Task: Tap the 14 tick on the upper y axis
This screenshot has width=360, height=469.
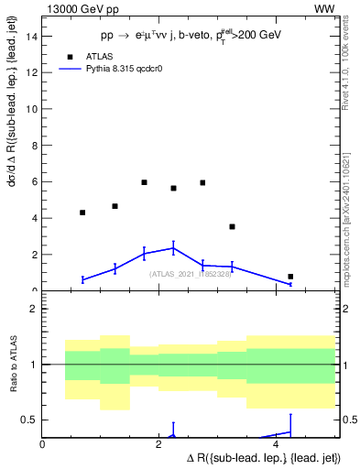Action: click(x=34, y=36)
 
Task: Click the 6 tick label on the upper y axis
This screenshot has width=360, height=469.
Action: click(x=35, y=181)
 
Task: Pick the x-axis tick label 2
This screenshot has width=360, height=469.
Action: click(x=159, y=443)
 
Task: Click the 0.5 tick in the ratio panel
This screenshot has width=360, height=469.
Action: click(x=30, y=420)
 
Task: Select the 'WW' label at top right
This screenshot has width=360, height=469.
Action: click(x=324, y=8)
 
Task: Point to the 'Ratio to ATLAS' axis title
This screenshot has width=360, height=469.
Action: click(x=13, y=365)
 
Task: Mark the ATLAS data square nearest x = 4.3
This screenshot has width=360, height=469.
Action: click(x=290, y=277)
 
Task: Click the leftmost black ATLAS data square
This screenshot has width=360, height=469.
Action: click(x=82, y=213)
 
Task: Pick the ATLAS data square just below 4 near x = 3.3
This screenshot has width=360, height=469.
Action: click(x=232, y=226)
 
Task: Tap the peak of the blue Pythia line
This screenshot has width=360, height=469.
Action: click(x=173, y=247)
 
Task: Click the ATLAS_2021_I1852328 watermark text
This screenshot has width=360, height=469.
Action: click(x=189, y=273)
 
